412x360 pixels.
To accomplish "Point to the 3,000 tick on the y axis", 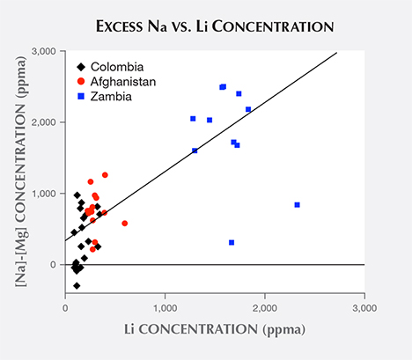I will (46, 51).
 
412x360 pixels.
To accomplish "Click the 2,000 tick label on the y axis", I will (46, 122).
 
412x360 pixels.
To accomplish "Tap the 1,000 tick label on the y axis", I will (46, 194).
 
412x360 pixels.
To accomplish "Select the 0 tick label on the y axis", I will (55, 265).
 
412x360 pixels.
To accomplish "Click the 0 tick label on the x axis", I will (66, 308).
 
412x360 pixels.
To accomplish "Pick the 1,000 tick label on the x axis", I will (166, 308).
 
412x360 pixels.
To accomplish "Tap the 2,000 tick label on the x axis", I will (265, 308).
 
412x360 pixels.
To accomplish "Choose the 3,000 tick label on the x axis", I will (364, 308).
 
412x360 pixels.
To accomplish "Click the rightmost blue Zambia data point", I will (297, 205).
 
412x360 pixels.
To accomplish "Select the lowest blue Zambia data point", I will (232, 242).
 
